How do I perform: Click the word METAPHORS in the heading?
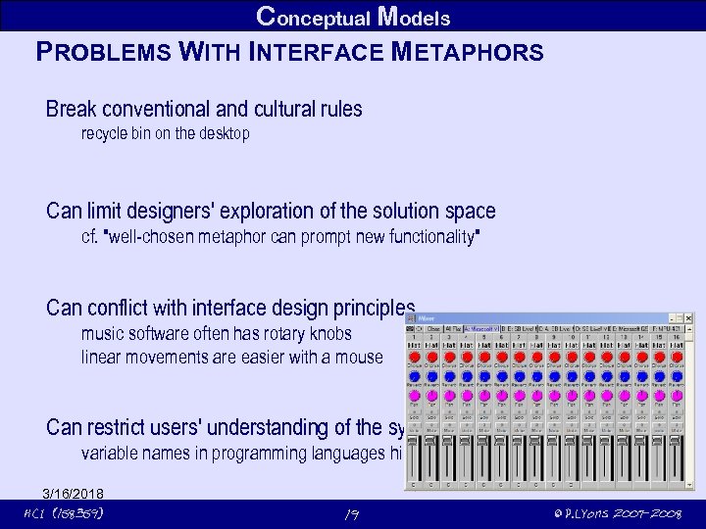tap(468, 52)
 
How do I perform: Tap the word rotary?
tap(303, 333)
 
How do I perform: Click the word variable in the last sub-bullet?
tap(109, 454)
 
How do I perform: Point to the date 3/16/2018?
tap(73, 493)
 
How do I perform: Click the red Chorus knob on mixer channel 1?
tap(415, 358)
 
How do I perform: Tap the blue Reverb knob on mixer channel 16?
tap(676, 376)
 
